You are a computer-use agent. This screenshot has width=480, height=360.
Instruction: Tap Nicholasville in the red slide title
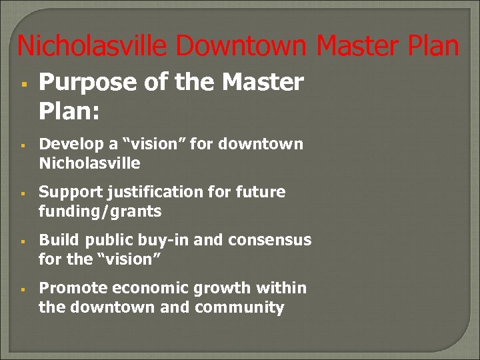click(x=93, y=47)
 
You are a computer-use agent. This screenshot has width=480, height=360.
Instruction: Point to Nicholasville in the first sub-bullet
click(x=89, y=163)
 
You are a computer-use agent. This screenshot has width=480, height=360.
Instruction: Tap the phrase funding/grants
click(x=100, y=211)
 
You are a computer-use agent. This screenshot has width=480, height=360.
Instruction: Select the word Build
click(x=57, y=240)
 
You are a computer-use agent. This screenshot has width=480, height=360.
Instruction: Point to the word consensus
click(x=269, y=240)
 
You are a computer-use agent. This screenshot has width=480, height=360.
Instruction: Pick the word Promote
click(x=73, y=289)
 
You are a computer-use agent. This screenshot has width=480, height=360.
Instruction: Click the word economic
click(x=149, y=289)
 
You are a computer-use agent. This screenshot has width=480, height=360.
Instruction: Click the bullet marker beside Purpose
click(x=23, y=84)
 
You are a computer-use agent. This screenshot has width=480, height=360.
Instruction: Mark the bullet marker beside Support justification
click(x=23, y=193)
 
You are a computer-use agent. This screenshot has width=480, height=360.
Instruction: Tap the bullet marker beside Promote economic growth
click(x=23, y=289)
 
